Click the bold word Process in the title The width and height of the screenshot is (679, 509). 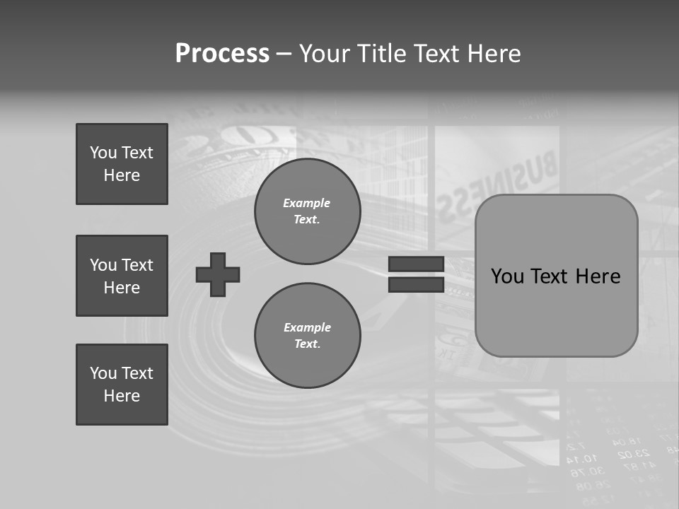[x=222, y=54]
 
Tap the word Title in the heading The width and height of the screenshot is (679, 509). [x=378, y=54]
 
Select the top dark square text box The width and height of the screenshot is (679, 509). [x=122, y=164]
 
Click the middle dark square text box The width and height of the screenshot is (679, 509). [x=122, y=276]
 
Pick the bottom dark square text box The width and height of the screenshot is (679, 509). [x=122, y=385]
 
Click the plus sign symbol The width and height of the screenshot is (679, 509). [x=218, y=274]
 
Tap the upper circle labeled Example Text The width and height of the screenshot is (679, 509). [x=308, y=211]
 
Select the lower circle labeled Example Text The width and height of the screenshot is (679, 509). [x=308, y=336]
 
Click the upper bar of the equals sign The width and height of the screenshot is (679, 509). [x=416, y=264]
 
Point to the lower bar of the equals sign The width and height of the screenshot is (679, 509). [x=416, y=285]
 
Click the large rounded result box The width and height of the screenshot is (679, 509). [x=557, y=276]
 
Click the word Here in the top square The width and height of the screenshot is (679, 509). [x=122, y=175]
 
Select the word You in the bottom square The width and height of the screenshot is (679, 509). [x=103, y=373]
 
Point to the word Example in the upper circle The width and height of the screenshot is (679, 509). [x=307, y=203]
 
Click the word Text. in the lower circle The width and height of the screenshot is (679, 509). [x=308, y=344]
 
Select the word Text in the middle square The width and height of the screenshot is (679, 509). [x=137, y=265]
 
